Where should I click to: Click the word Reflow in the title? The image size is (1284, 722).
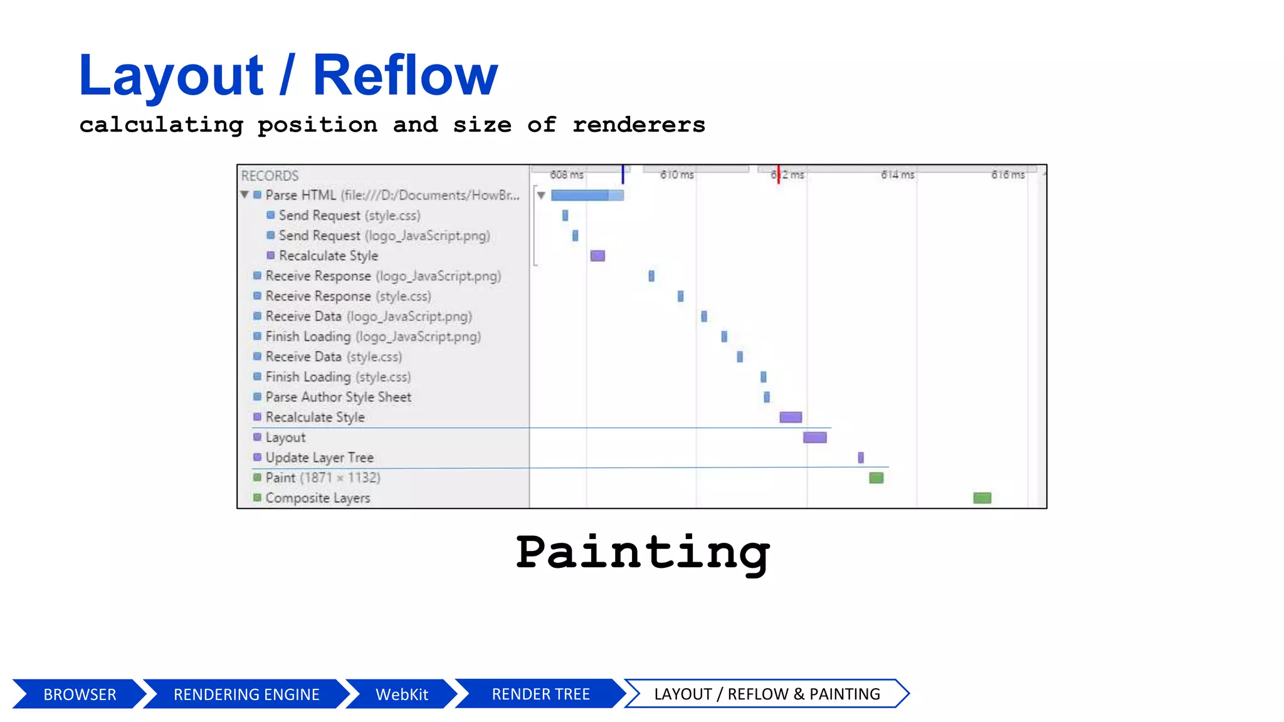click(405, 76)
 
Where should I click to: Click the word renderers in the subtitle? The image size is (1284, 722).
click(638, 125)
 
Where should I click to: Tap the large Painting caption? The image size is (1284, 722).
click(642, 552)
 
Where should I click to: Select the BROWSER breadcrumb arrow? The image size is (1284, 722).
click(80, 694)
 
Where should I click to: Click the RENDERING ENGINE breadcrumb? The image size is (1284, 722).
click(246, 694)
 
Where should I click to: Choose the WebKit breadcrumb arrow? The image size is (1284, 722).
click(401, 694)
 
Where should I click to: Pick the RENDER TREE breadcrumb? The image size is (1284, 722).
click(540, 694)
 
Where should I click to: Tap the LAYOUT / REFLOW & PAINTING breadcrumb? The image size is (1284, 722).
click(767, 694)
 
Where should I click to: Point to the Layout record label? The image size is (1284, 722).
click(285, 437)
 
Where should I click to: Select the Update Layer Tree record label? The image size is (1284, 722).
click(319, 458)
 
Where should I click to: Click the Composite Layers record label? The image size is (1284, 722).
click(317, 498)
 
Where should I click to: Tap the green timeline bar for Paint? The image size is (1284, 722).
click(876, 478)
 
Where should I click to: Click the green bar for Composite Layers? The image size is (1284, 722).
click(982, 498)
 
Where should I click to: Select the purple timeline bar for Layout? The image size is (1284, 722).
click(814, 437)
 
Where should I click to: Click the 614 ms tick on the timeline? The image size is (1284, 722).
click(897, 175)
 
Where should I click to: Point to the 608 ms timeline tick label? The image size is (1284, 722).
click(567, 175)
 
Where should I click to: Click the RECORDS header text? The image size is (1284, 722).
click(270, 175)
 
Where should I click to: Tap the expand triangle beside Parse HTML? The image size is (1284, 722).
click(245, 195)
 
